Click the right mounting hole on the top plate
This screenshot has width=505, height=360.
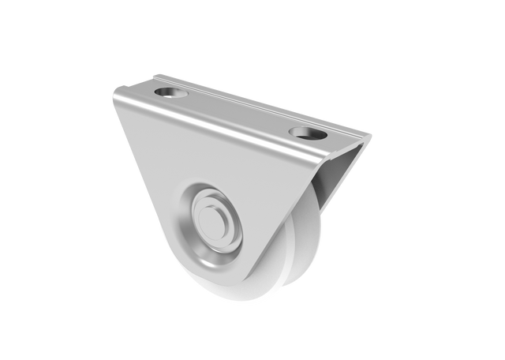click(303, 132)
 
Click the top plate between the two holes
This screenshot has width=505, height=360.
click(237, 113)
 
